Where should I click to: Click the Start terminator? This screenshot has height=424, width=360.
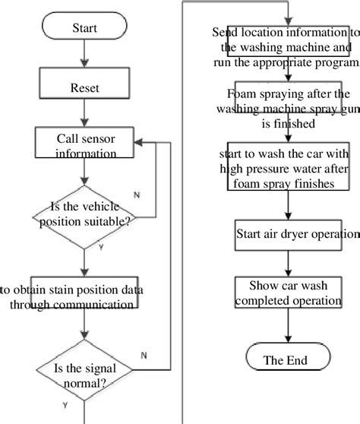point(84,28)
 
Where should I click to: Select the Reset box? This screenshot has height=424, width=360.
point(84,87)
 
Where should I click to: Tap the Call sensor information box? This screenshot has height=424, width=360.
point(86,145)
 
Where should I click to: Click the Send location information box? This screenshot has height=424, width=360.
point(286,47)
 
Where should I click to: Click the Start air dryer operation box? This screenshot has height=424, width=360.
point(286,234)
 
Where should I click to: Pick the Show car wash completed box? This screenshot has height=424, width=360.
point(286,293)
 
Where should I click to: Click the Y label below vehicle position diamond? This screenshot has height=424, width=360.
point(101,247)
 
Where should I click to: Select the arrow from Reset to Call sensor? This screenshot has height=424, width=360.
point(84,115)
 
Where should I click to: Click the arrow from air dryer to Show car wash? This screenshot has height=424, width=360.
point(286,263)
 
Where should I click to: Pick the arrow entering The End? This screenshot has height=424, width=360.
point(286,327)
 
